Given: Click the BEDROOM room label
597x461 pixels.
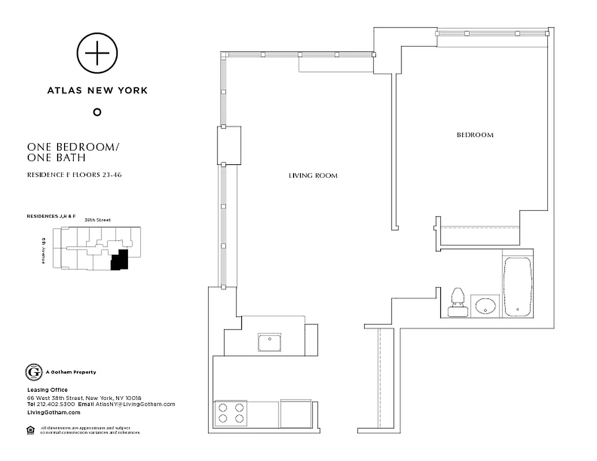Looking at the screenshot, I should click(475, 135).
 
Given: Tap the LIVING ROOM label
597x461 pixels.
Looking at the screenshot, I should click(313, 175).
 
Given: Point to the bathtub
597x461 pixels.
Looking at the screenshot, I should click(517, 286).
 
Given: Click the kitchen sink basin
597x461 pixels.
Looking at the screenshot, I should click(269, 342).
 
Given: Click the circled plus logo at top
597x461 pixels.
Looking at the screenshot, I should click(97, 54).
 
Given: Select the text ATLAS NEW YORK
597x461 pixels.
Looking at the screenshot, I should click(97, 90).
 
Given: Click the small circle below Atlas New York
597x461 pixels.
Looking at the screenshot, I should click(97, 112).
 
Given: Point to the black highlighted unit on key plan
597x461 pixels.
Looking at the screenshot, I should click(119, 260).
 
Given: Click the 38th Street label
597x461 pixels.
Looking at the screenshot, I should click(96, 220).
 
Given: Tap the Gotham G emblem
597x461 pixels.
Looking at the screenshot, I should click(33, 372).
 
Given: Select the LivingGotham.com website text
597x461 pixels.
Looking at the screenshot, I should click(54, 412).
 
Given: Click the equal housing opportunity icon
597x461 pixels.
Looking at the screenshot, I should click(31, 429).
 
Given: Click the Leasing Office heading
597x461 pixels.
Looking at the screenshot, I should click(47, 390).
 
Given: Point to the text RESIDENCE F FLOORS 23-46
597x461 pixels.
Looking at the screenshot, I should click(74, 175).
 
